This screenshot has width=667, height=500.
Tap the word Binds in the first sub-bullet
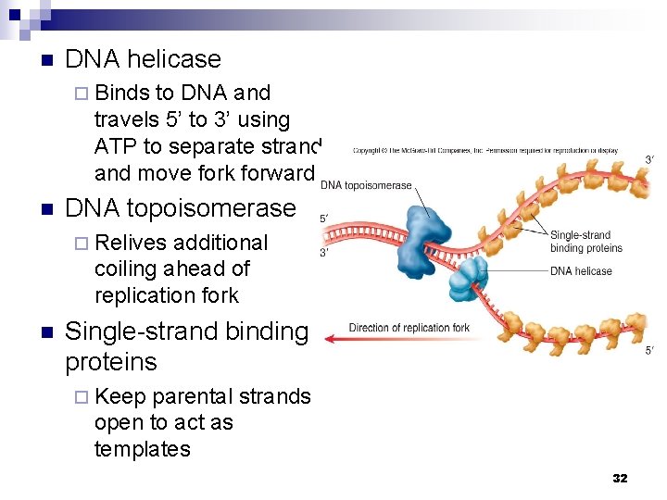(x=121, y=93)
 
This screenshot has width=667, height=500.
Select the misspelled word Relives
(x=131, y=243)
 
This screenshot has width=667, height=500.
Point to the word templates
(x=142, y=450)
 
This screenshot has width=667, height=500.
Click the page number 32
(x=620, y=478)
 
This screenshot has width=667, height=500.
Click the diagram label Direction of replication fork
(x=409, y=328)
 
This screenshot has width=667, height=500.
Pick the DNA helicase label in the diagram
(x=581, y=271)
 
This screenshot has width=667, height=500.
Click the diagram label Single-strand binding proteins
(x=585, y=242)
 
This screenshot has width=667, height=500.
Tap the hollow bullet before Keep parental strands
(x=81, y=397)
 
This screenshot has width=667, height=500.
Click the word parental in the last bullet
(x=191, y=396)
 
